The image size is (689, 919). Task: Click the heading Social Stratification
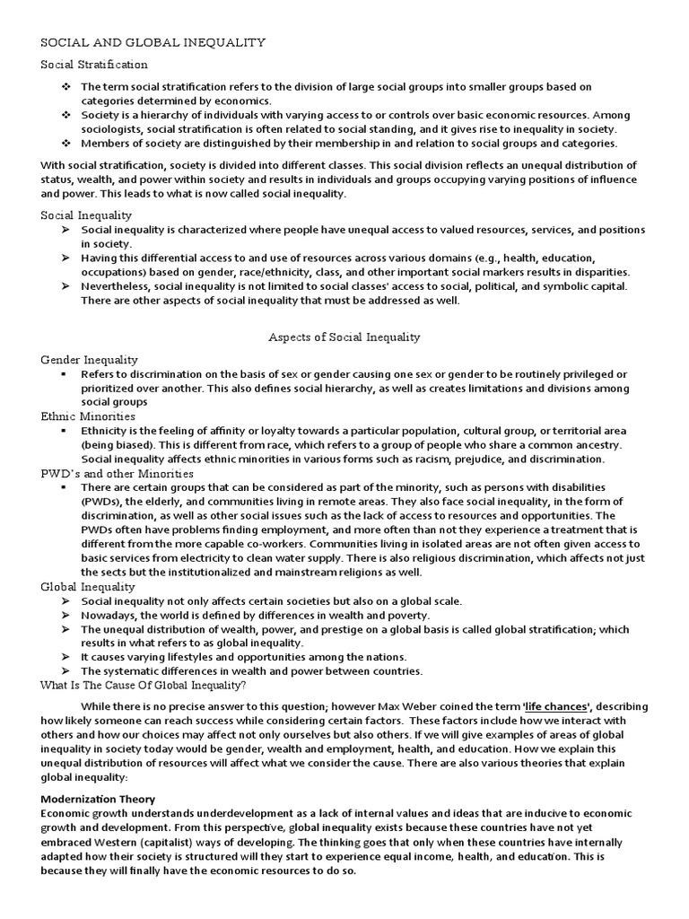point(94,65)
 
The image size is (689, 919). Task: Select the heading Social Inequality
point(86,215)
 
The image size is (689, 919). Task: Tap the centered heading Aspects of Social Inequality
point(344,337)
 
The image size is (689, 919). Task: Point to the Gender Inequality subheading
point(90,359)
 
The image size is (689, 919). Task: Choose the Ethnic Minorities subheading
point(88,416)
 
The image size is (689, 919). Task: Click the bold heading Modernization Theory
point(98,799)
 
